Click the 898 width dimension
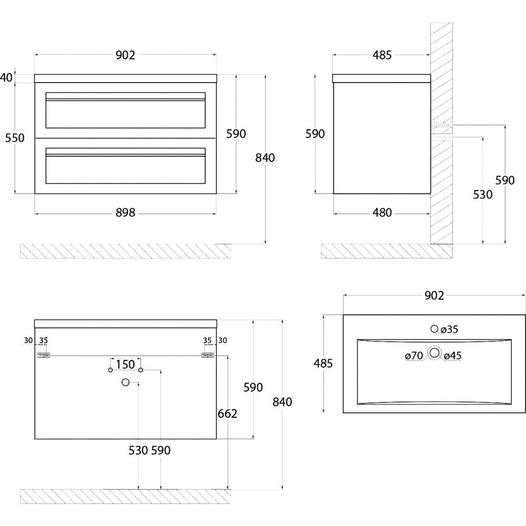click(x=126, y=213)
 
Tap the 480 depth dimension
click(x=382, y=213)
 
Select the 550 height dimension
click(x=15, y=138)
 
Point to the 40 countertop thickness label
click(x=6, y=77)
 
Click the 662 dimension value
click(x=227, y=413)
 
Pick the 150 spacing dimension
click(x=126, y=365)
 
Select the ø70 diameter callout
click(x=414, y=356)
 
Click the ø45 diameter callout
click(x=453, y=356)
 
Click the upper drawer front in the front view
click(x=126, y=110)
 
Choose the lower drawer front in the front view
click(x=126, y=166)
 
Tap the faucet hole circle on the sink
click(x=435, y=329)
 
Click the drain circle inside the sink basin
click(x=435, y=352)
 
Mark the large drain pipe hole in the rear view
click(x=126, y=382)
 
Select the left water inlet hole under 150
click(x=110, y=370)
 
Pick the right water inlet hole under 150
click(x=140, y=370)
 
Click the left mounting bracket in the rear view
click(x=43, y=355)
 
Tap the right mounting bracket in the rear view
click(x=208, y=355)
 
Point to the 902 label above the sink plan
click(x=434, y=295)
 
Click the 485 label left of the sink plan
click(x=323, y=363)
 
